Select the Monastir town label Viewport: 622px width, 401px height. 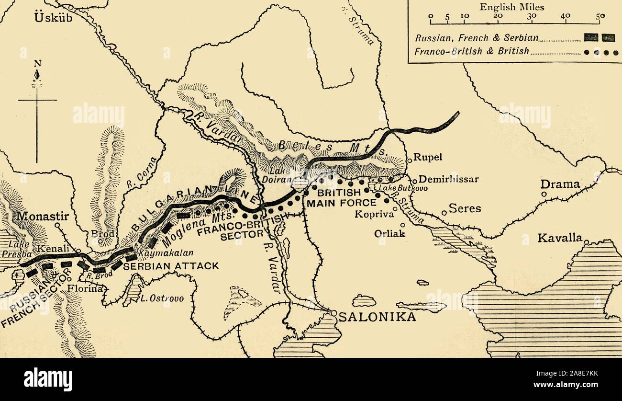tap(43, 216)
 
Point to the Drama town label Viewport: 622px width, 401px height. tap(560, 184)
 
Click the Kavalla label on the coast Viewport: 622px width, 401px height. tap(560, 238)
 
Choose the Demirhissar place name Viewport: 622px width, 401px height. tap(448, 179)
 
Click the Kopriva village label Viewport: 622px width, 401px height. tap(374, 214)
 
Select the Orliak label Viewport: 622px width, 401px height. tap(389, 233)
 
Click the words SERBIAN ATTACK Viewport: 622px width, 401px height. tap(171, 265)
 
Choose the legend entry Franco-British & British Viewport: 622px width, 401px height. tap(472, 51)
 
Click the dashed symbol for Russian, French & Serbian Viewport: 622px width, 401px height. tap(599, 37)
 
